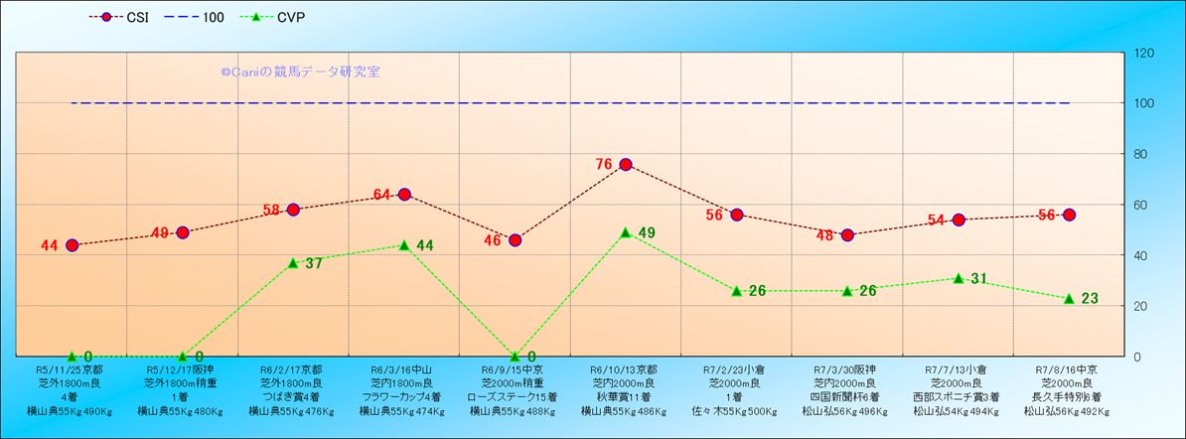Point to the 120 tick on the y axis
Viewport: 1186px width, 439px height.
(x=1143, y=53)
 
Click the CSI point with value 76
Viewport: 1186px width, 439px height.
(x=626, y=165)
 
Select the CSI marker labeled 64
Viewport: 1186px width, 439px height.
(x=404, y=195)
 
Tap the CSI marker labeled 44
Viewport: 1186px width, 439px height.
(x=72, y=245)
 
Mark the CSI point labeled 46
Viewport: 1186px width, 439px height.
(x=515, y=240)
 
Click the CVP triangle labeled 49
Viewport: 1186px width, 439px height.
(x=626, y=232)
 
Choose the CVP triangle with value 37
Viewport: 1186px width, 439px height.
(x=293, y=263)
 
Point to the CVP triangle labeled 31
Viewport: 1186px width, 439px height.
(x=959, y=278)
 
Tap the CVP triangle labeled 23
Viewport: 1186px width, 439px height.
(x=1069, y=298)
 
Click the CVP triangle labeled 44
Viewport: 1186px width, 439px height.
(x=404, y=245)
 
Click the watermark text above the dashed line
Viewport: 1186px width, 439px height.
(x=300, y=73)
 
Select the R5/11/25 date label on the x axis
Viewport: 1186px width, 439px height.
(x=72, y=368)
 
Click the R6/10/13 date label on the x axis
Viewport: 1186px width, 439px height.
(x=626, y=368)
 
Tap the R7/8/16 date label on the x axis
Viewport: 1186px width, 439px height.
(x=1069, y=368)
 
